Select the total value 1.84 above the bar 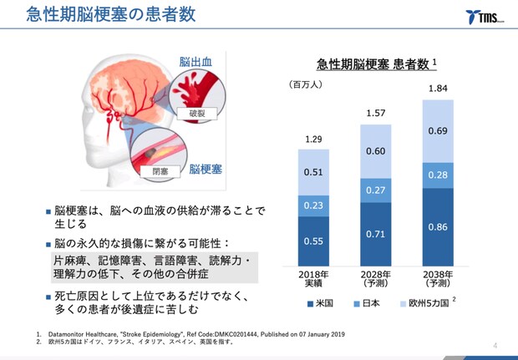click(x=437, y=89)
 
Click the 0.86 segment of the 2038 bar click(x=437, y=226)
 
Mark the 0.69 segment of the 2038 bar click(x=437, y=131)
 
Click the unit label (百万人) click(x=309, y=84)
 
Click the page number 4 click(x=495, y=345)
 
